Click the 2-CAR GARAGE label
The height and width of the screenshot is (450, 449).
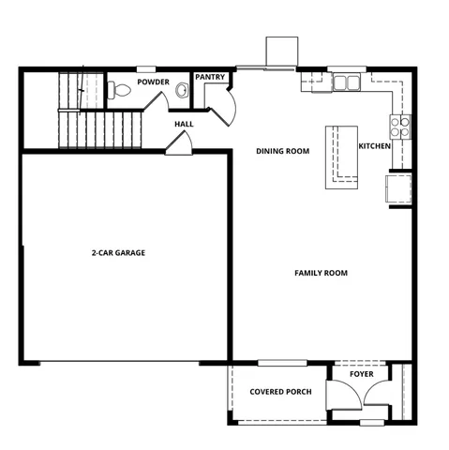[x=118, y=252]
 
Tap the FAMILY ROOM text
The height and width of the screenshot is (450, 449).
[x=321, y=274]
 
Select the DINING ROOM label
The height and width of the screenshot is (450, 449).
[x=283, y=151]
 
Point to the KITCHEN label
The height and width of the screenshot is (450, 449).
[x=374, y=146]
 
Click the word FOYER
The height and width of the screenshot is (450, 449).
[x=362, y=374]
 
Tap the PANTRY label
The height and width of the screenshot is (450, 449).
[x=208, y=77]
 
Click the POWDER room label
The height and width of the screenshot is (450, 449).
[x=152, y=82]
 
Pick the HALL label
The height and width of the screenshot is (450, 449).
[x=184, y=124]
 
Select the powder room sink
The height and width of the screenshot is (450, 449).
[x=182, y=91]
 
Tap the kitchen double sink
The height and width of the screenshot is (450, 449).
[x=347, y=83]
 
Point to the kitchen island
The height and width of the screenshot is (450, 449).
[x=338, y=157]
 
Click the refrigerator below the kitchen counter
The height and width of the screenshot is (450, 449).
[x=397, y=188]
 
